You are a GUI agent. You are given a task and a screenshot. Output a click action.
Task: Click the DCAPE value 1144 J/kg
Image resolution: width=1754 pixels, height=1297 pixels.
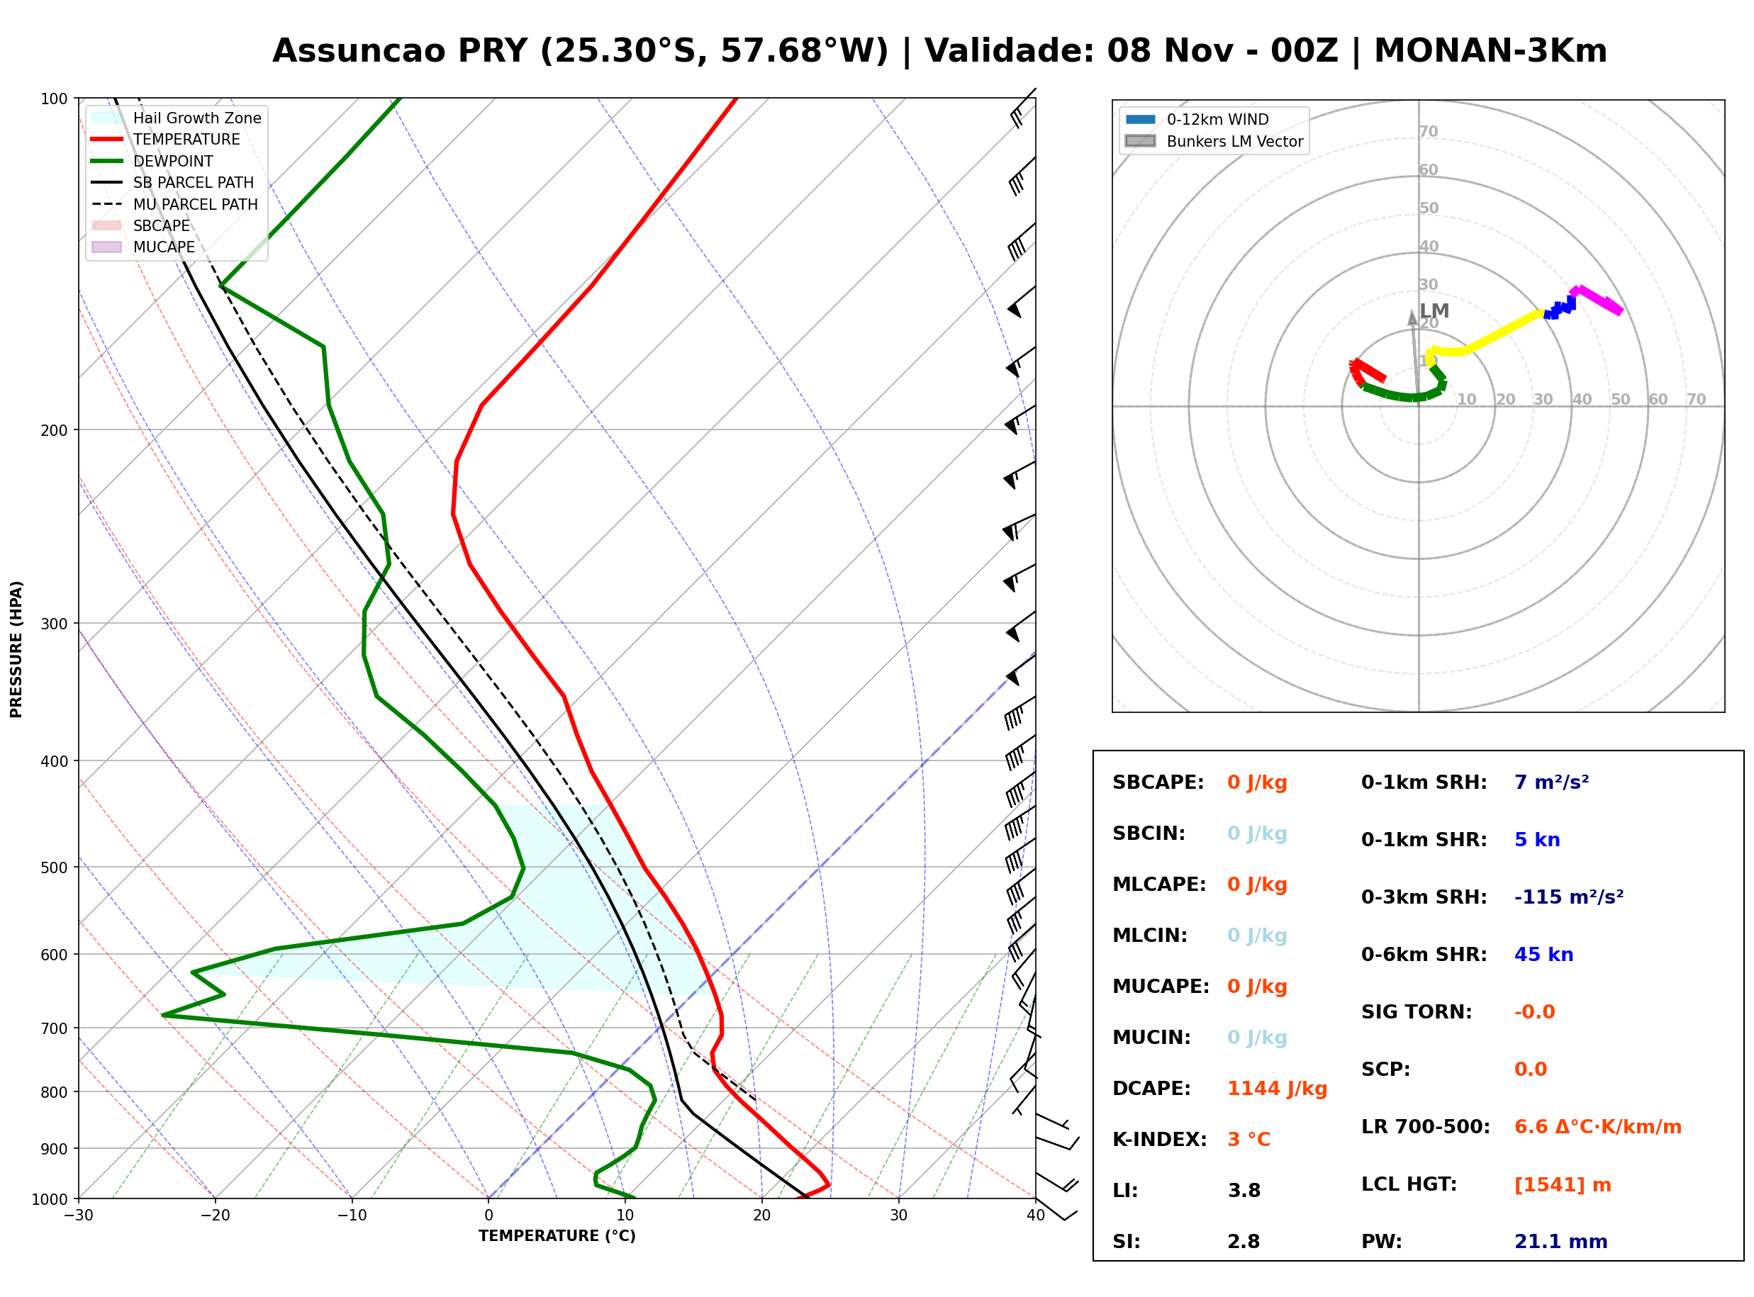click(1277, 1089)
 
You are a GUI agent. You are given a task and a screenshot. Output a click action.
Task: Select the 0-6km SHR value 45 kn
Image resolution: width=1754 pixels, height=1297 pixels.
click(1543, 955)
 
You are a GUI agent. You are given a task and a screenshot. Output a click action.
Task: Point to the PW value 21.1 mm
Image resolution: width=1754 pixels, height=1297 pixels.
click(1561, 1242)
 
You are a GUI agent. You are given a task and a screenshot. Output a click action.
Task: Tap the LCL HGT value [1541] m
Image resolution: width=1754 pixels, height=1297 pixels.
click(1563, 1185)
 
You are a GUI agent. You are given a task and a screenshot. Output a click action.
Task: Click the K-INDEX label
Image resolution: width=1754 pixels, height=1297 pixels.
click(1160, 1140)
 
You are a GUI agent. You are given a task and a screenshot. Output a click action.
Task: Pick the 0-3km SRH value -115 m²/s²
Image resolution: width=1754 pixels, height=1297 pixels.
click(1569, 897)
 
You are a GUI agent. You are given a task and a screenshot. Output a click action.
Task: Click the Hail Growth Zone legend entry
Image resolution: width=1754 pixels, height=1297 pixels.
click(177, 118)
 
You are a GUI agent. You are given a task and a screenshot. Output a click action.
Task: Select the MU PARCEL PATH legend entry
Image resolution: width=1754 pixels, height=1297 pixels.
click(175, 204)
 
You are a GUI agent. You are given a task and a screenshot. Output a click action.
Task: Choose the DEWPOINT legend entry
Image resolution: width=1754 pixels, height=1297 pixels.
click(152, 161)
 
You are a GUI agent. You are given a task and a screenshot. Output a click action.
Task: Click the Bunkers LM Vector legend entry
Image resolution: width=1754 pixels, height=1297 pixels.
click(1214, 141)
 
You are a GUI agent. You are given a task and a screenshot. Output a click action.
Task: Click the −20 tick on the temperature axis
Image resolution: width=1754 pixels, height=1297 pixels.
click(215, 1215)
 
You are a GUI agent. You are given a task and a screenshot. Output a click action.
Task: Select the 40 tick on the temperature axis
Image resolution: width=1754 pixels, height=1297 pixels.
click(1036, 1215)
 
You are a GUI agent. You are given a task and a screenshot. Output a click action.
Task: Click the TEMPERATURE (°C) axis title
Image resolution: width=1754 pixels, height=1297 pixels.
click(557, 1236)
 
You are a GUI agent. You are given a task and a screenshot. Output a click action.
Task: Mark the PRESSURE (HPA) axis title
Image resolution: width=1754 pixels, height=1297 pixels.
click(16, 649)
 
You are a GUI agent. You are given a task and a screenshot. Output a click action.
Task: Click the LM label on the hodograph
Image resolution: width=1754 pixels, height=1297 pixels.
click(1434, 311)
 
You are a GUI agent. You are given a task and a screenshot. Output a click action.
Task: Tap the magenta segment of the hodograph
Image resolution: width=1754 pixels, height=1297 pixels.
click(1597, 300)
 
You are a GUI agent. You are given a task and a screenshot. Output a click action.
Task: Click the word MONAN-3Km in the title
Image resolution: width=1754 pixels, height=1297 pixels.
click(1490, 51)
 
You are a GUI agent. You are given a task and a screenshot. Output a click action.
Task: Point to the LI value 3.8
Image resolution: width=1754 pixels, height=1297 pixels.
click(1244, 1191)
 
